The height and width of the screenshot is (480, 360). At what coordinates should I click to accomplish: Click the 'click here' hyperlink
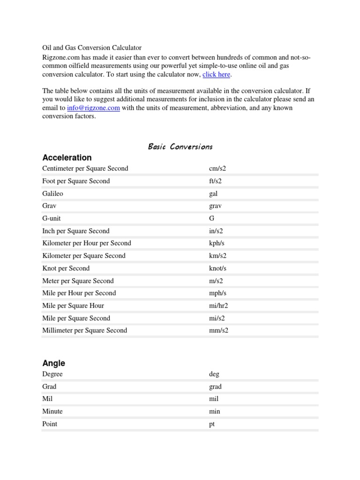coord(217,75)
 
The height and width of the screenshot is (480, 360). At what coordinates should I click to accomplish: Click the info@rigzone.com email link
coord(93,108)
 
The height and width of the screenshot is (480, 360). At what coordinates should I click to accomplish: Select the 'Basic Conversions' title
coord(180,147)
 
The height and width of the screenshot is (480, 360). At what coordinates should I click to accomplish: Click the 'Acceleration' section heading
coord(67,157)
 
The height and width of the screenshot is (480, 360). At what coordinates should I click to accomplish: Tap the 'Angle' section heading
coord(53,363)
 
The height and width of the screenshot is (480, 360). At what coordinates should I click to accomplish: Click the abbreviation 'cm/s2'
coord(217,168)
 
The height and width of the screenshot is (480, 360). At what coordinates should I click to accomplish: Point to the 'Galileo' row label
coord(53,193)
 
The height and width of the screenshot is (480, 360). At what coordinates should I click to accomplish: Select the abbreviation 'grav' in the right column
coord(216,206)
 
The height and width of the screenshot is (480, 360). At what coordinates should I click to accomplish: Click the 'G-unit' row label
coord(52,218)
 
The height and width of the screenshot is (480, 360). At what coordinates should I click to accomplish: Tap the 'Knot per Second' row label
coord(66,268)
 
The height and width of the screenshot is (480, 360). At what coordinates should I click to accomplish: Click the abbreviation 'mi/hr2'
coord(218,306)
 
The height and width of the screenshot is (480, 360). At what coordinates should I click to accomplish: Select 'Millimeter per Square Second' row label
coord(84,330)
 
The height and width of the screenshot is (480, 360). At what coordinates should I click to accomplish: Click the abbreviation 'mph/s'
coord(217,293)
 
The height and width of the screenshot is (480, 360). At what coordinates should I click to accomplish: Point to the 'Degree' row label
coord(52,374)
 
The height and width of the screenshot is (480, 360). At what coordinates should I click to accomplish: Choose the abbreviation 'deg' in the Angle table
coord(214,374)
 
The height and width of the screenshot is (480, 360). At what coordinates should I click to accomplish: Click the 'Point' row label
coord(50,424)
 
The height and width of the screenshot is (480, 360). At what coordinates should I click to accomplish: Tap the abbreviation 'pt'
coord(212,424)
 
